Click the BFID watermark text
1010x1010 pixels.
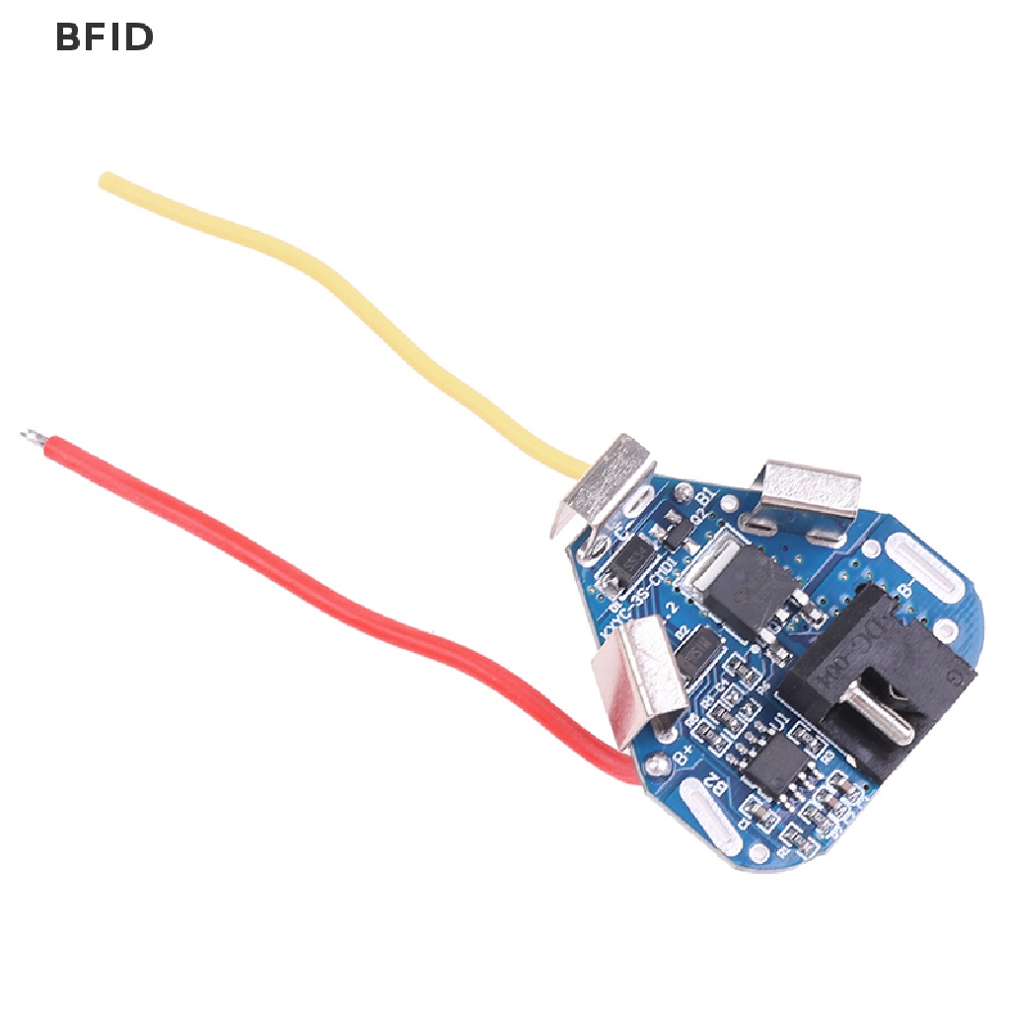coord(104,36)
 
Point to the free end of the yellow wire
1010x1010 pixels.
coord(106,180)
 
